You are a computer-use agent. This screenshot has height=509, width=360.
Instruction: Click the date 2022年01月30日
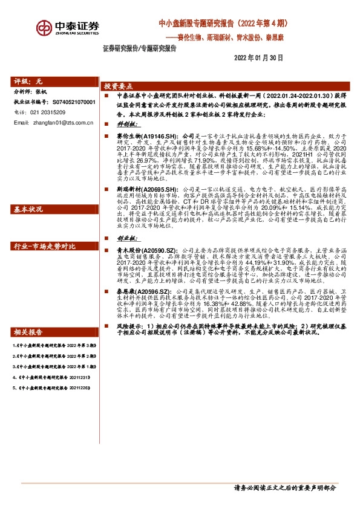point(258,57)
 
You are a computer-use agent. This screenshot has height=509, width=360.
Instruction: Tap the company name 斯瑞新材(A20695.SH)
point(140,190)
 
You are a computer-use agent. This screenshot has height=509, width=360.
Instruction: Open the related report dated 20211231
point(45,393)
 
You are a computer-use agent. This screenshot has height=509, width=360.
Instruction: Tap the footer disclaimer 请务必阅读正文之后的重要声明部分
point(284,488)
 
